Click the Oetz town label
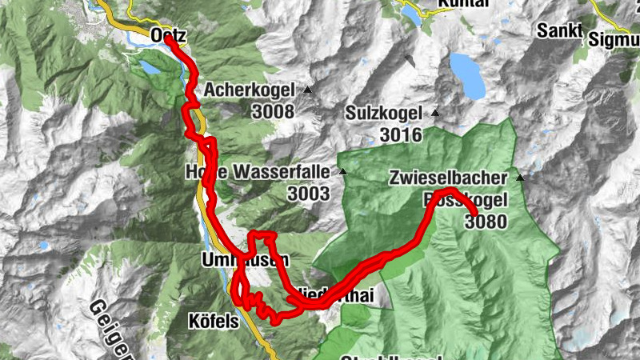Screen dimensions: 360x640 tap(168, 34)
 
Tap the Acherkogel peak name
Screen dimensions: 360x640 tap(250, 90)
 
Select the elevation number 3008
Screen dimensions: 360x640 tap(273, 112)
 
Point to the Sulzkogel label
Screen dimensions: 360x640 tap(383, 114)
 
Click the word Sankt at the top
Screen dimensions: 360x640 tap(558, 30)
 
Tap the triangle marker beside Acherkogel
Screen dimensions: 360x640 tap(306, 89)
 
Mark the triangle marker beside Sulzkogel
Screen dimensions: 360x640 tap(434, 113)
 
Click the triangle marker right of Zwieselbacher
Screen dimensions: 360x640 tap(521, 177)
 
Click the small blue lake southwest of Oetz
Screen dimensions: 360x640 tap(150, 67)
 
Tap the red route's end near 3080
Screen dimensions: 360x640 tap(475, 212)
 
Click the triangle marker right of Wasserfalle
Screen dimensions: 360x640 tap(342, 171)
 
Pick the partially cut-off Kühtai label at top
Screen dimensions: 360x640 tap(463, 5)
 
